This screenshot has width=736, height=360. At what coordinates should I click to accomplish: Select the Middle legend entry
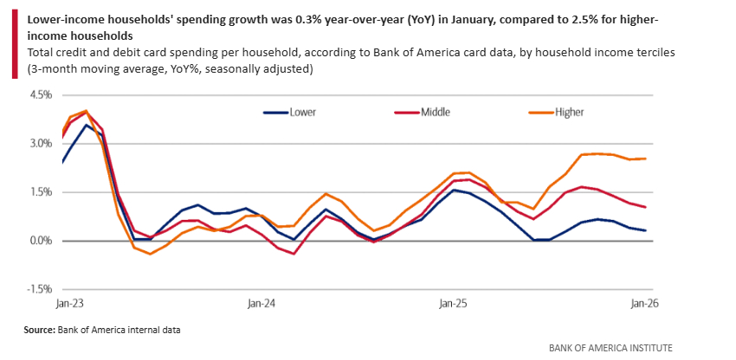[x=434, y=112]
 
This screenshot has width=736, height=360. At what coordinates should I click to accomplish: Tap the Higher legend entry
[x=569, y=112]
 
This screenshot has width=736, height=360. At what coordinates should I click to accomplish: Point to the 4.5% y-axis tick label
[x=41, y=95]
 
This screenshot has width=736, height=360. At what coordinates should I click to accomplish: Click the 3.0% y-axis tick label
[x=41, y=144]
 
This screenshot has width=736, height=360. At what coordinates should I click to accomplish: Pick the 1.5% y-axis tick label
[x=41, y=192]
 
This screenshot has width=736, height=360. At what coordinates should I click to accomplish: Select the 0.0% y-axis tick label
[x=41, y=241]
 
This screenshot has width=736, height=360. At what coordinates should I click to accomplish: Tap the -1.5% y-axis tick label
[x=40, y=289]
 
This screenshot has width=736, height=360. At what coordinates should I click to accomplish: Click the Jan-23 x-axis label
[x=63, y=304]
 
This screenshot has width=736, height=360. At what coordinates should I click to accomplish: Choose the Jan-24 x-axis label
[x=261, y=304]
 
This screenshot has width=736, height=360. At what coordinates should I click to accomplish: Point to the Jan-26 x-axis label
[x=639, y=304]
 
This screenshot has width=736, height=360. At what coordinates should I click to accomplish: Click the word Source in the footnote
[x=40, y=329]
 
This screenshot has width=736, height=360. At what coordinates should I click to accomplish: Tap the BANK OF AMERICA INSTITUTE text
[x=610, y=347]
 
